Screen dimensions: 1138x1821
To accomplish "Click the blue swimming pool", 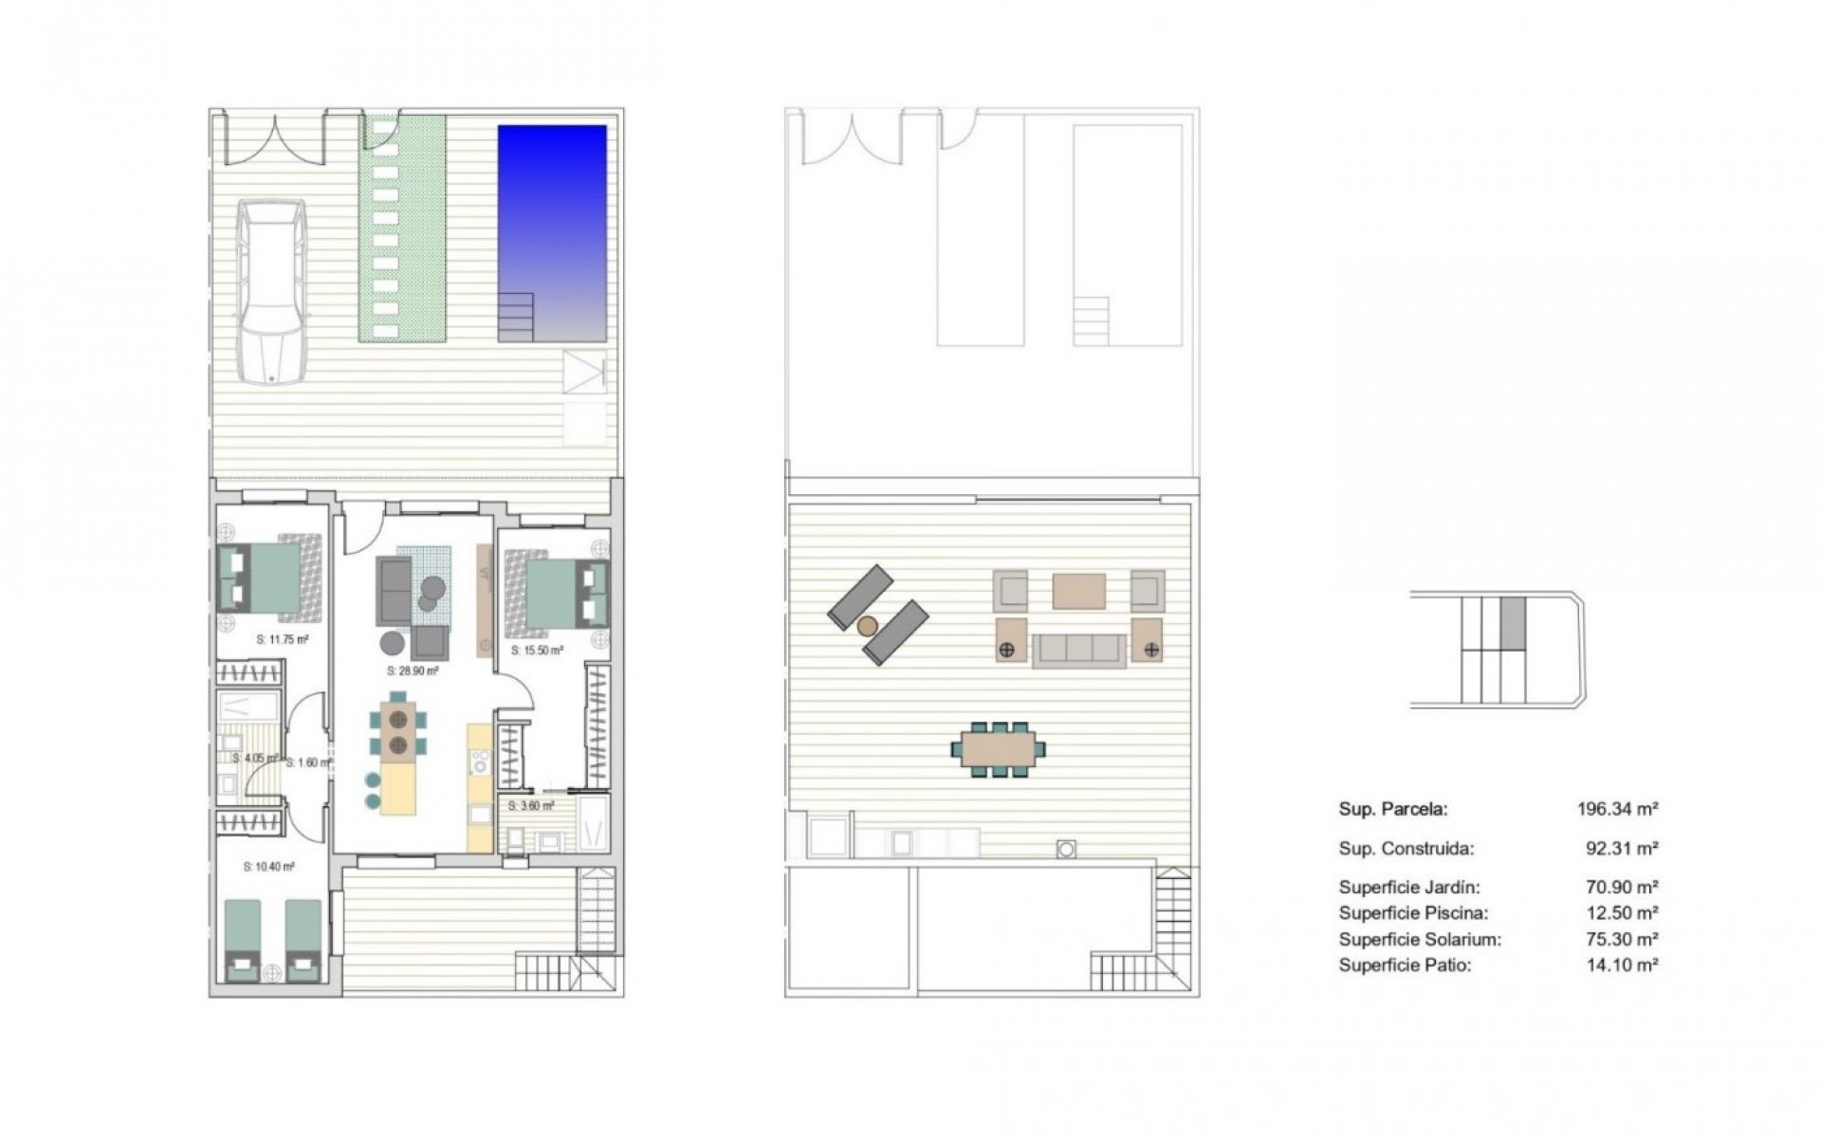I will tap(552, 218).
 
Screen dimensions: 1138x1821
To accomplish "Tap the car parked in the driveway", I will tap(272, 290).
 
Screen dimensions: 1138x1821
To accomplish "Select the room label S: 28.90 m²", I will tap(413, 670).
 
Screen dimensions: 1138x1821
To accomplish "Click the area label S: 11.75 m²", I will tap(283, 639).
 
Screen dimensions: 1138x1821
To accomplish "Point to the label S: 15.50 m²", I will tap(537, 651).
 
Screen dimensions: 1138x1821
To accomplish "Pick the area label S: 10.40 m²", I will tap(268, 866).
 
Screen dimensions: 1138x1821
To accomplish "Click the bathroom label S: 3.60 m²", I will tap(531, 806).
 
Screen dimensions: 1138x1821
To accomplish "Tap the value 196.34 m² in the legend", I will tap(1617, 809).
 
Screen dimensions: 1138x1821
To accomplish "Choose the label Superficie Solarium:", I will tap(1420, 940).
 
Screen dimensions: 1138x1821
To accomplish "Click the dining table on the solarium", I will tap(998, 749).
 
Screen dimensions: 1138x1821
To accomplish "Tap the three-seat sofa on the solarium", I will tap(1078, 650).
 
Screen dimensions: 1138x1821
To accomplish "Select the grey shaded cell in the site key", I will tap(1513, 622).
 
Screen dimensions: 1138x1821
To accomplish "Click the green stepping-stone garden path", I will tap(401, 228).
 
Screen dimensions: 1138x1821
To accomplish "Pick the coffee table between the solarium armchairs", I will tap(1078, 590).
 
